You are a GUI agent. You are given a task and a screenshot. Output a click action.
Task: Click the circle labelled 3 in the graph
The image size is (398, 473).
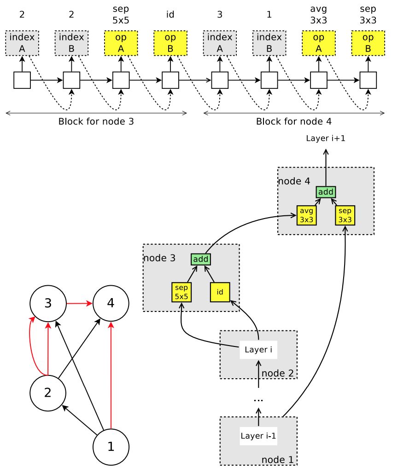[48, 303]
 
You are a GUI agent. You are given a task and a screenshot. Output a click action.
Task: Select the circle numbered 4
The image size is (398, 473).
[111, 303]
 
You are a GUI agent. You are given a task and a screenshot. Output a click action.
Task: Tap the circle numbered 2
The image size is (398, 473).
[48, 393]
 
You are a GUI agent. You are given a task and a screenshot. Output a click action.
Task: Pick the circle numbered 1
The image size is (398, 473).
[111, 447]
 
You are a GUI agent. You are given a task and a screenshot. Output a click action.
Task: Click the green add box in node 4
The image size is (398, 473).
[326, 192]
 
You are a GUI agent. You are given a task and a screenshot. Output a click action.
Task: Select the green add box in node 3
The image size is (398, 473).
[200, 259]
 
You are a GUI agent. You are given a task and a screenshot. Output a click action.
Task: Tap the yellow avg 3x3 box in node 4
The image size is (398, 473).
[306, 215]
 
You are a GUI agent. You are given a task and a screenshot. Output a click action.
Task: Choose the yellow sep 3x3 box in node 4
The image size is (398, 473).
[345, 215]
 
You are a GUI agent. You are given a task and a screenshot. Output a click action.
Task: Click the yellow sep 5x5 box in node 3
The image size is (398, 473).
[181, 292]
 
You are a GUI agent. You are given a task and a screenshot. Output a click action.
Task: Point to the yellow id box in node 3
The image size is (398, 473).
[220, 292]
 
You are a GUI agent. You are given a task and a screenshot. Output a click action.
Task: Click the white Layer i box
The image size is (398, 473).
[258, 350]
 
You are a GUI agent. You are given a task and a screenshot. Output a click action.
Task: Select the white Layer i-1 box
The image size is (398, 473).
[258, 436]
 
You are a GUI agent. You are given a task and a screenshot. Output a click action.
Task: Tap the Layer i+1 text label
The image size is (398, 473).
[326, 138]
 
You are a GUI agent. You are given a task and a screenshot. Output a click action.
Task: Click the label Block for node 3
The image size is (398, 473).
[96, 121]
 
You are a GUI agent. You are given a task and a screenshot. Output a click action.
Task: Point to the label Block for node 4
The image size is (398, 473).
[294, 121]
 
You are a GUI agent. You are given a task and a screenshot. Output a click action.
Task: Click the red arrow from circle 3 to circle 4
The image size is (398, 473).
[79, 303]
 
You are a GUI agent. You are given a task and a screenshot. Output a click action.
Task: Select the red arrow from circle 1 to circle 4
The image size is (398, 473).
[111, 375]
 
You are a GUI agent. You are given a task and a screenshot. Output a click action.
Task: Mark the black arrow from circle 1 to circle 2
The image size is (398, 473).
[79, 420]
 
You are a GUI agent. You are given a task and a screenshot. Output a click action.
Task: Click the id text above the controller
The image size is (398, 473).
[170, 14]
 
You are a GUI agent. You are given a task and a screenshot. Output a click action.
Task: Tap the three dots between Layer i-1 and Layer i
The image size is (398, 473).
[258, 400]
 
